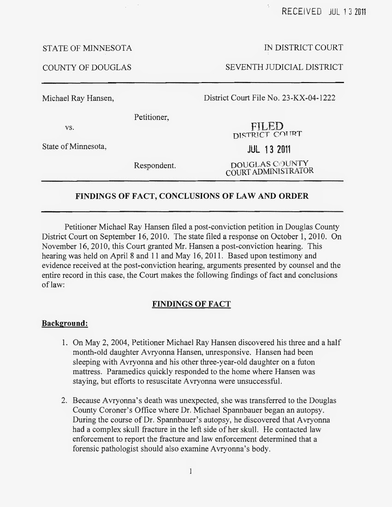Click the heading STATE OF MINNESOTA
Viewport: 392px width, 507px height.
tap(87, 48)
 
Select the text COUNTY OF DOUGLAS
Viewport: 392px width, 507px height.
tap(87, 68)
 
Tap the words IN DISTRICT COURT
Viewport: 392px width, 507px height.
tap(303, 48)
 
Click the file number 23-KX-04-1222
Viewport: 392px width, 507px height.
tap(310, 98)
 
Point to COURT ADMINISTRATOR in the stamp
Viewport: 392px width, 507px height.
tap(270, 172)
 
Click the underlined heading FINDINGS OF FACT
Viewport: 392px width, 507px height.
tap(191, 304)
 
